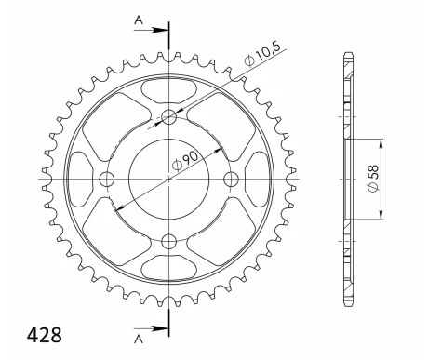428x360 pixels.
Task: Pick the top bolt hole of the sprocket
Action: click(168, 116)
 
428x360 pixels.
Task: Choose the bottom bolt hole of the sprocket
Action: click(168, 242)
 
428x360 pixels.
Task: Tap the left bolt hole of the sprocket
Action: click(106, 179)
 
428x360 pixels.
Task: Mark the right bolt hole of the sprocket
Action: click(232, 179)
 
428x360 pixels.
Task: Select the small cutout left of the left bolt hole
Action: click(80, 179)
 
